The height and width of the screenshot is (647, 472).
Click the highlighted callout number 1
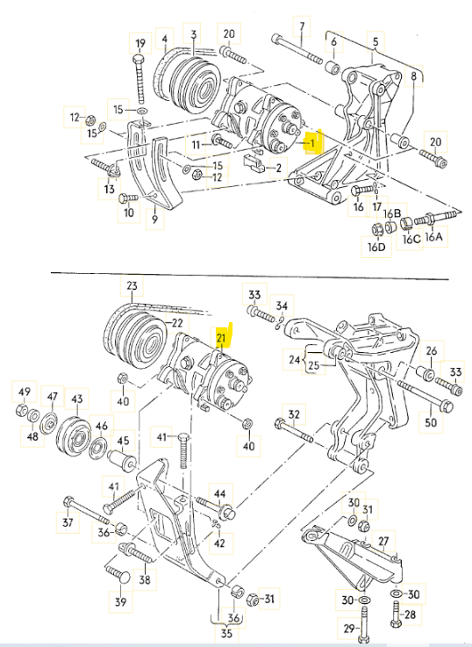[x=312, y=143]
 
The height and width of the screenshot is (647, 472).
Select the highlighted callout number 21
[x=221, y=338]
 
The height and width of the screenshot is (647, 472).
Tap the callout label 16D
[x=376, y=247]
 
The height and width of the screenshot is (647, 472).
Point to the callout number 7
[x=302, y=26]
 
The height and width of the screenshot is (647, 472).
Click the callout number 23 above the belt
[x=132, y=285]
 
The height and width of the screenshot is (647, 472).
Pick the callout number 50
[x=431, y=421]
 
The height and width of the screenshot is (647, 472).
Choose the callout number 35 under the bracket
[x=226, y=633]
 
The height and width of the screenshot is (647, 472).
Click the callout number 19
[x=140, y=43]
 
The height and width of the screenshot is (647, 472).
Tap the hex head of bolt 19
[x=139, y=60]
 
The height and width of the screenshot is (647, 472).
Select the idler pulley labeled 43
[x=74, y=437]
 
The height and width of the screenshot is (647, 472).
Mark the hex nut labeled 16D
[x=376, y=228]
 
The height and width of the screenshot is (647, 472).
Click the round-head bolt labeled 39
[x=118, y=574]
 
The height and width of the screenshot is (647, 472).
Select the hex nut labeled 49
[x=22, y=410]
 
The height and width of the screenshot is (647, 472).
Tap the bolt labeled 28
[x=396, y=614]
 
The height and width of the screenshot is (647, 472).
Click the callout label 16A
[x=433, y=236]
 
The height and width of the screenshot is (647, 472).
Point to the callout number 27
[x=383, y=541]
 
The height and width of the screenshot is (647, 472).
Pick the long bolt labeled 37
[x=87, y=509]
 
